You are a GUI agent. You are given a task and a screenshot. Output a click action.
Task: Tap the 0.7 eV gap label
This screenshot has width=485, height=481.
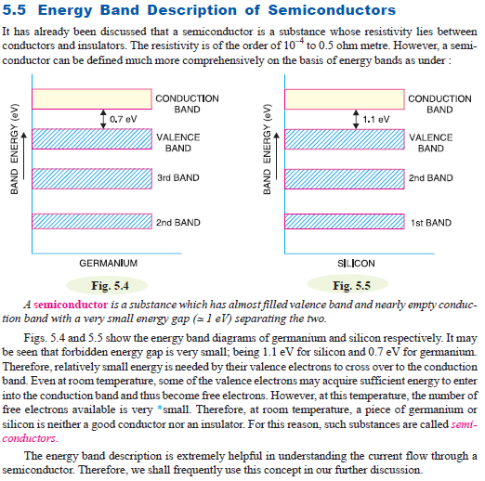pos(123,120)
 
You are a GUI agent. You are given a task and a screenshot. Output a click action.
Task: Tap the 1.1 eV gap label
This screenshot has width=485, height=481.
pos(375,120)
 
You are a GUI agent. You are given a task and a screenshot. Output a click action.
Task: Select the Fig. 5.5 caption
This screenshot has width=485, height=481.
pos(351,285)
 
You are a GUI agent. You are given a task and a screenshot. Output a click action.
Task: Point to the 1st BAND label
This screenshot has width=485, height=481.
pos(430,223)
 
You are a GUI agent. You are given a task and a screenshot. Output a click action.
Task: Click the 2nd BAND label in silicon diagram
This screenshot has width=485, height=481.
pos(430,177)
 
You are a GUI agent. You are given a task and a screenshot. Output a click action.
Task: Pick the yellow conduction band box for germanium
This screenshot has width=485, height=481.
pos(91,98)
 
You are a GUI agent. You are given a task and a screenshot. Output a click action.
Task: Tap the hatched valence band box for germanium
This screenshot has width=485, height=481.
pos(91,138)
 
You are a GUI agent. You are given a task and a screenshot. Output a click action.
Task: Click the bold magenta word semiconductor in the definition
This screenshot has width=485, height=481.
pos(71,305)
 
